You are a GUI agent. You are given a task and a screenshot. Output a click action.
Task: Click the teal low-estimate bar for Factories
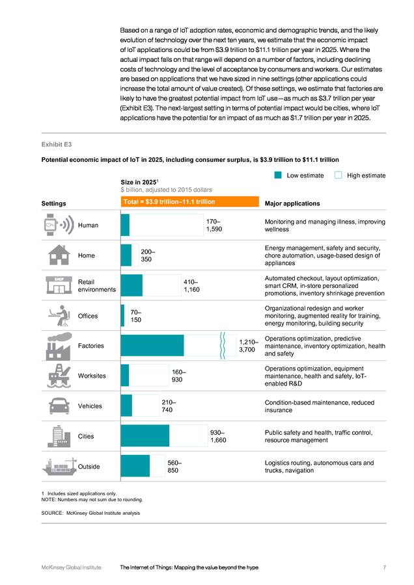pyautogui.click(x=152, y=346)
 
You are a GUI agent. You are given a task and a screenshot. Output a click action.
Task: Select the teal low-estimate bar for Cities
pyautogui.click(x=145, y=435)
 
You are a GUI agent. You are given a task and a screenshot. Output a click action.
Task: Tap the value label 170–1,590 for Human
pyautogui.click(x=214, y=226)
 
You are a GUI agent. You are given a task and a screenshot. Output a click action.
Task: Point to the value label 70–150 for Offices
pyautogui.click(x=135, y=316)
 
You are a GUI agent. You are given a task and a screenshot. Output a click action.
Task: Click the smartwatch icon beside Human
pyautogui.click(x=59, y=225)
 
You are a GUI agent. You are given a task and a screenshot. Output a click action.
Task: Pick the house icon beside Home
pyautogui.click(x=59, y=255)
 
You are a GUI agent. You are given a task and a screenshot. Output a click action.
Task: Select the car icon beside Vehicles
pyautogui.click(x=59, y=406)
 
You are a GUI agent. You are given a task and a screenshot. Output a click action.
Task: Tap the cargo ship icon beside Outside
pyautogui.click(x=59, y=466)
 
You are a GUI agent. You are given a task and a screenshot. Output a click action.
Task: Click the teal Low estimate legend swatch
pyautogui.click(x=277, y=175)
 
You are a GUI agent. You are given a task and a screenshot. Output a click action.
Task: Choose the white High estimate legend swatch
pyautogui.click(x=338, y=175)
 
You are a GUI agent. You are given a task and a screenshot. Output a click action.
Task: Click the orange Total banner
pyautogui.click(x=190, y=201)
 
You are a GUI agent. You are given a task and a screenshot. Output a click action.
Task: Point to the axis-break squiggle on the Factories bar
pyautogui.click(x=223, y=346)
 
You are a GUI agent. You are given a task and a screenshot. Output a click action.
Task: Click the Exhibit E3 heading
pyautogui.click(x=57, y=144)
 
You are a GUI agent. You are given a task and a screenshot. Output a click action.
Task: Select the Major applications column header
pyautogui.click(x=292, y=203)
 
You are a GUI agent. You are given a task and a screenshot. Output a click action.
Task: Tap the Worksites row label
pyautogui.click(x=92, y=376)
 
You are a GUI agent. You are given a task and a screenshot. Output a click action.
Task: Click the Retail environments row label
pyautogui.click(x=97, y=286)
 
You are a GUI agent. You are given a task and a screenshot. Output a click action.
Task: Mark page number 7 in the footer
pyautogui.click(x=385, y=567)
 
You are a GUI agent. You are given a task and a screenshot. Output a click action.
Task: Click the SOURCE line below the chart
pyautogui.click(x=90, y=513)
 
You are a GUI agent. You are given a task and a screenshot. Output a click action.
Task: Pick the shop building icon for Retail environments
pyautogui.click(x=59, y=285)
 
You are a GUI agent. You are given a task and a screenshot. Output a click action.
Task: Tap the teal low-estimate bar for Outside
pyautogui.click(x=135, y=466)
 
